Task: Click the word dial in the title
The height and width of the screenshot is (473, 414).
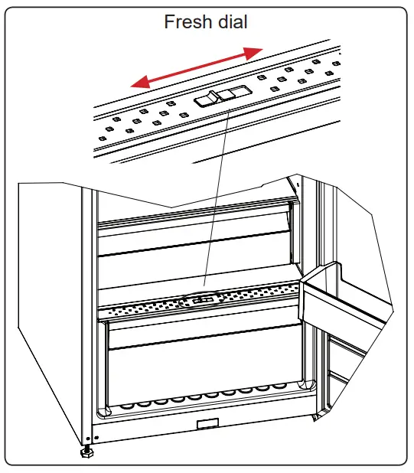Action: coord(230,22)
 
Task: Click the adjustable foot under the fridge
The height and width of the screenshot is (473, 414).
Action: coord(86,452)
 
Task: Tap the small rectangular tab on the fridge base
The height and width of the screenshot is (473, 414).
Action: coord(208,424)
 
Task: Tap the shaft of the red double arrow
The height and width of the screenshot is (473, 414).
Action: coord(195,67)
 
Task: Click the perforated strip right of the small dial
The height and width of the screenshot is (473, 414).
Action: coord(260,295)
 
